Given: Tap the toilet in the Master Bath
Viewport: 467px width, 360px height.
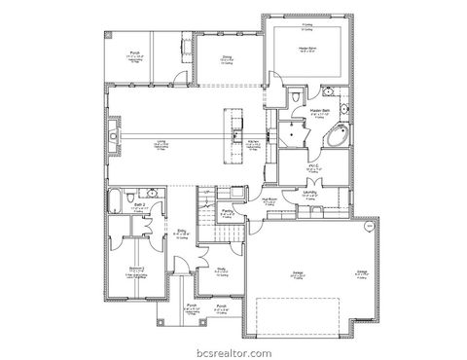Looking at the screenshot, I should [x=294, y=100].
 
